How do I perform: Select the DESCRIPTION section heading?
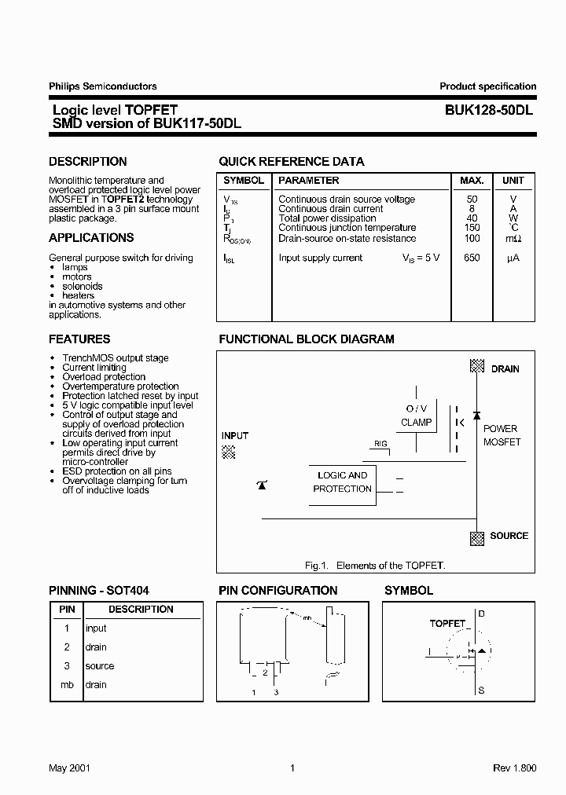[x=87, y=162]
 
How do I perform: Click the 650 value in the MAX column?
[x=472, y=258]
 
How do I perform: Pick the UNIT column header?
[x=513, y=181]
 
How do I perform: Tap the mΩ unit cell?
[x=513, y=239]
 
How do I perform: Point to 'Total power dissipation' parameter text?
[x=327, y=218]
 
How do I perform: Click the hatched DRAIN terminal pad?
[x=476, y=366]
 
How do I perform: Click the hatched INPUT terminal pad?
[x=229, y=452]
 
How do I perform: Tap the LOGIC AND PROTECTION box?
[x=342, y=482]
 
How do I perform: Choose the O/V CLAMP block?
[x=416, y=416]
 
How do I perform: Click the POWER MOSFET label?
[x=501, y=435]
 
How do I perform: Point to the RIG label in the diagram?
[x=380, y=444]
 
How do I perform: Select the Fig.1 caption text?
[x=374, y=566]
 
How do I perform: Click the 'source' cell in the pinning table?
[x=100, y=666]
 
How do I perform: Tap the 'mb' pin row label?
[x=67, y=685]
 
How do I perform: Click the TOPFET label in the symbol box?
[x=447, y=623]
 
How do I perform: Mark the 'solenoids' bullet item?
[x=83, y=287]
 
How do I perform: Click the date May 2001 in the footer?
[x=69, y=768]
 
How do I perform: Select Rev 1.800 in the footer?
[x=514, y=768]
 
